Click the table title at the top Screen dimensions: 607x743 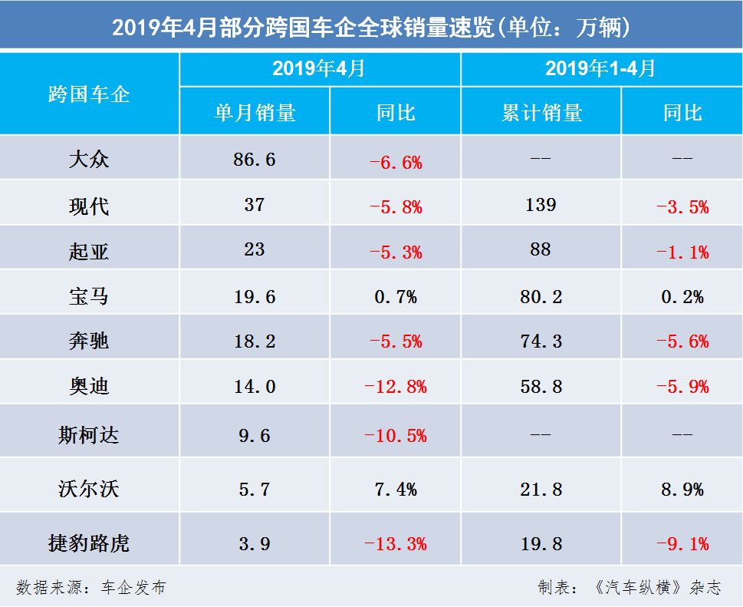click(x=371, y=28)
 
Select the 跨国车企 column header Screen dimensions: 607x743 click(x=89, y=94)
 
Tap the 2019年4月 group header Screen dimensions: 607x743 click(x=319, y=69)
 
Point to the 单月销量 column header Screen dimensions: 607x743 click(x=254, y=113)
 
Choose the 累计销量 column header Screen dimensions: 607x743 click(x=541, y=113)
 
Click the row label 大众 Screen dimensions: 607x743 click(x=89, y=160)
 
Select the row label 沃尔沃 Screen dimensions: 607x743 click(x=89, y=488)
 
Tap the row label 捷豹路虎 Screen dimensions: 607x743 click(x=89, y=543)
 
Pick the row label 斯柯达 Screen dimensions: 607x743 click(x=89, y=435)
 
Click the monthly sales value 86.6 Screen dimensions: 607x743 click(x=254, y=160)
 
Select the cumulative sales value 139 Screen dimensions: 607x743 click(x=541, y=205)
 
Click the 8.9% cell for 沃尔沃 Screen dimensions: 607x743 click(x=682, y=489)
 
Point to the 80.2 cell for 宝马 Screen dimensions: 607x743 click(x=541, y=296)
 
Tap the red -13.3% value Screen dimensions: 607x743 click(x=395, y=544)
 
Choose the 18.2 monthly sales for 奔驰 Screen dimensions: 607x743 click(x=254, y=341)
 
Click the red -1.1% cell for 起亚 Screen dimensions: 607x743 click(x=682, y=252)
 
